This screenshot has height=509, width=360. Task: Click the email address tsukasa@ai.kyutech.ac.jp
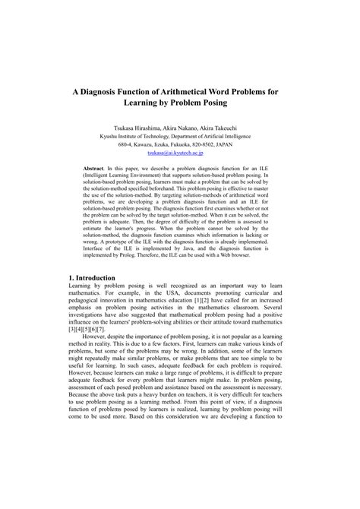[180, 153]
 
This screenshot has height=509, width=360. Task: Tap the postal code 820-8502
[216, 144]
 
